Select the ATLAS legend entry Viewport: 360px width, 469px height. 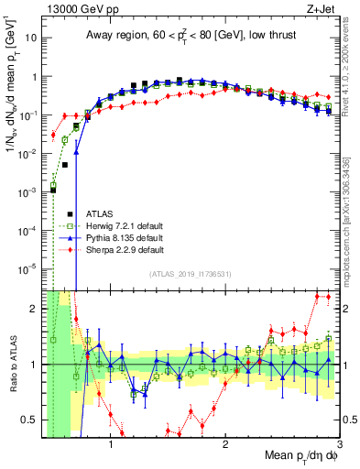coord(103,213)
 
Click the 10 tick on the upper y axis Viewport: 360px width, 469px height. coord(32,38)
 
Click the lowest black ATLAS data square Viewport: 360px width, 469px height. coord(53,190)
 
